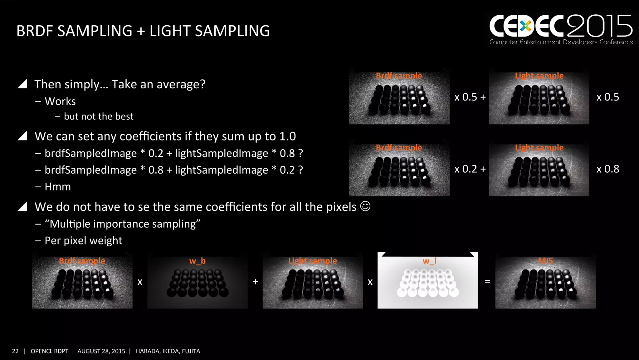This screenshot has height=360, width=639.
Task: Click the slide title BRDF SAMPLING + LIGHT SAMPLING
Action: [x=143, y=31]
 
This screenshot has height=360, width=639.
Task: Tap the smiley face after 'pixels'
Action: [x=365, y=206]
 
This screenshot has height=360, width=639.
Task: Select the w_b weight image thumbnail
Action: [x=198, y=281]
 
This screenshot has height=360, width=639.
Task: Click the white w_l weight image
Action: [x=427, y=281]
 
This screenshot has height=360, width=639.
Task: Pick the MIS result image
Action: [x=545, y=281]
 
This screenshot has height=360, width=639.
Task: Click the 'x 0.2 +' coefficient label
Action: [x=470, y=169]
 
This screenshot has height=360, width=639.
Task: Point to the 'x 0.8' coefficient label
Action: [x=607, y=169]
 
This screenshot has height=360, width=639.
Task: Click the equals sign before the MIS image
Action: [x=487, y=282]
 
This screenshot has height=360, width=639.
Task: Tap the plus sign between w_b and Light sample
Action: [x=256, y=282]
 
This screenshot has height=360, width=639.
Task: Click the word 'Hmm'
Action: [x=58, y=187]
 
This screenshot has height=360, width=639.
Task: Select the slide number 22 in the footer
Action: [x=15, y=351]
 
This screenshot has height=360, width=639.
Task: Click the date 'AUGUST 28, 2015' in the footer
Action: [x=101, y=351]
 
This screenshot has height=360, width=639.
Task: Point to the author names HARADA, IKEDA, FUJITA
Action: [x=168, y=351]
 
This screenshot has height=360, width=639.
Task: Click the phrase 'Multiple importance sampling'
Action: [x=122, y=224]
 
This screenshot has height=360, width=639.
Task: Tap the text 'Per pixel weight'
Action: [x=83, y=241]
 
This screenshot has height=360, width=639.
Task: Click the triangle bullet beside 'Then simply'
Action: [x=22, y=84]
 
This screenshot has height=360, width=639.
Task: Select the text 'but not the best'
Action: [x=99, y=116]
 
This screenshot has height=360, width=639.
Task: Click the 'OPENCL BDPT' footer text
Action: [x=49, y=351]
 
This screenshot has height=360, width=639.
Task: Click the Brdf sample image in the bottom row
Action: [x=82, y=281]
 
